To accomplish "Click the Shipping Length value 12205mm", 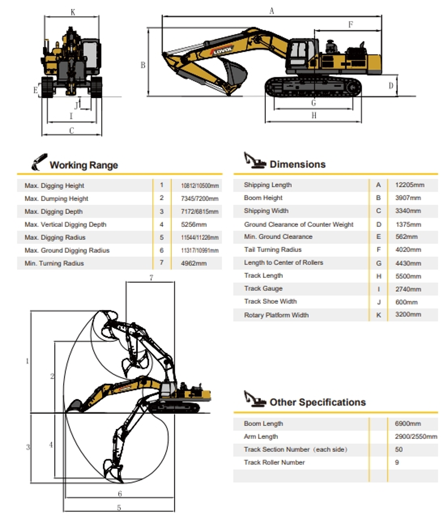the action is pyautogui.click(x=409, y=185).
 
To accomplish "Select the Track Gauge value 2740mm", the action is pyautogui.click(x=408, y=289).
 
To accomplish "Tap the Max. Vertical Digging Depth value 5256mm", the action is pyautogui.click(x=194, y=225).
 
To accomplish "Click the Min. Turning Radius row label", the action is pyautogui.click(x=54, y=263).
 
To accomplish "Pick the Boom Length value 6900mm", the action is pyautogui.click(x=408, y=424).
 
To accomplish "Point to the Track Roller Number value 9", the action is pyautogui.click(x=397, y=463).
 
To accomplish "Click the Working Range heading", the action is pyautogui.click(x=84, y=165).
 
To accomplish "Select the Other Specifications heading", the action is pyautogui.click(x=318, y=402).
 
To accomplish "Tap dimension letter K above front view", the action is pyautogui.click(x=73, y=12).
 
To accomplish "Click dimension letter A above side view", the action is pyautogui.click(x=271, y=11).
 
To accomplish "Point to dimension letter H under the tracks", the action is pyautogui.click(x=314, y=115).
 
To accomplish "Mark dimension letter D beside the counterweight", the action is pyautogui.click(x=391, y=86).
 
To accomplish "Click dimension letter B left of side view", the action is pyautogui.click(x=143, y=65).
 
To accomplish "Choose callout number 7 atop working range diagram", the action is pyautogui.click(x=151, y=278).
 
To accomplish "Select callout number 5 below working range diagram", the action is pyautogui.click(x=119, y=508).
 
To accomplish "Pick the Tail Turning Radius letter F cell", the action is pyautogui.click(x=379, y=250).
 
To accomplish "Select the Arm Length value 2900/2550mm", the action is pyautogui.click(x=416, y=437).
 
